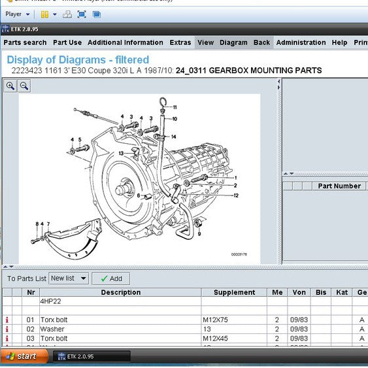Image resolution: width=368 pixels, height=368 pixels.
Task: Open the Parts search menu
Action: [x=25, y=42]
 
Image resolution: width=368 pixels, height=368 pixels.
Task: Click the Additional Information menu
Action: [x=125, y=42]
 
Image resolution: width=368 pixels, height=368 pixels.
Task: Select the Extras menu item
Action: [x=180, y=42]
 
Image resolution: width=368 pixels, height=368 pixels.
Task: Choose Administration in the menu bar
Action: [x=301, y=42]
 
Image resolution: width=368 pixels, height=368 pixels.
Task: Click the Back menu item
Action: [x=261, y=42]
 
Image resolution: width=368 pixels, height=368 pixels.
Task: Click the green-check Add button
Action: [x=110, y=278]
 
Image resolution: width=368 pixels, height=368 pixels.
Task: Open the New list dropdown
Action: [x=69, y=278]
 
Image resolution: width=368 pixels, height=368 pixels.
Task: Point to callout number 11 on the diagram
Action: [x=174, y=107]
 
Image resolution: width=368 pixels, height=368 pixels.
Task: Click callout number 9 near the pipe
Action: [x=199, y=233]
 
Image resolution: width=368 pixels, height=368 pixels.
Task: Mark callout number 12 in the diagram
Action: [x=235, y=195]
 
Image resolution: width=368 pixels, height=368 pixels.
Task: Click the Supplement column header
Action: [x=233, y=292]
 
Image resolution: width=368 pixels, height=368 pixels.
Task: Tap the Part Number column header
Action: [x=339, y=186]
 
